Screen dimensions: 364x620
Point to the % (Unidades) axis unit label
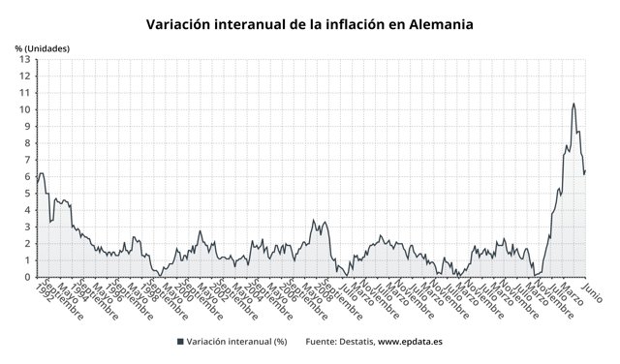pyautogui.click(x=43, y=46)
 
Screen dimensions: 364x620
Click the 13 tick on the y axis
pyautogui.click(x=24, y=59)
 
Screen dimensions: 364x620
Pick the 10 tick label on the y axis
pyautogui.click(x=24, y=109)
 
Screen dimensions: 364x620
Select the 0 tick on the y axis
pyautogui.click(x=27, y=277)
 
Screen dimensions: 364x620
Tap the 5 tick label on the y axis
pyautogui.click(x=27, y=194)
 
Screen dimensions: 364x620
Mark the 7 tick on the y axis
pyautogui.click(x=27, y=160)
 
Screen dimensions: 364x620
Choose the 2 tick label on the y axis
pyautogui.click(x=27, y=244)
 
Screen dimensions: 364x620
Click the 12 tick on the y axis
pyautogui.click(x=24, y=76)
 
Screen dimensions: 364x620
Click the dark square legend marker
pyautogui.click(x=179, y=341)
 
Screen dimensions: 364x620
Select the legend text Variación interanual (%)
pyautogui.click(x=236, y=341)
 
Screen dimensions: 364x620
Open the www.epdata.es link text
pyautogui.click(x=410, y=341)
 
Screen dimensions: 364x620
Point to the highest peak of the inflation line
pyautogui.click(x=573, y=104)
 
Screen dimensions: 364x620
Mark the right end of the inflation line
pyautogui.click(x=585, y=171)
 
